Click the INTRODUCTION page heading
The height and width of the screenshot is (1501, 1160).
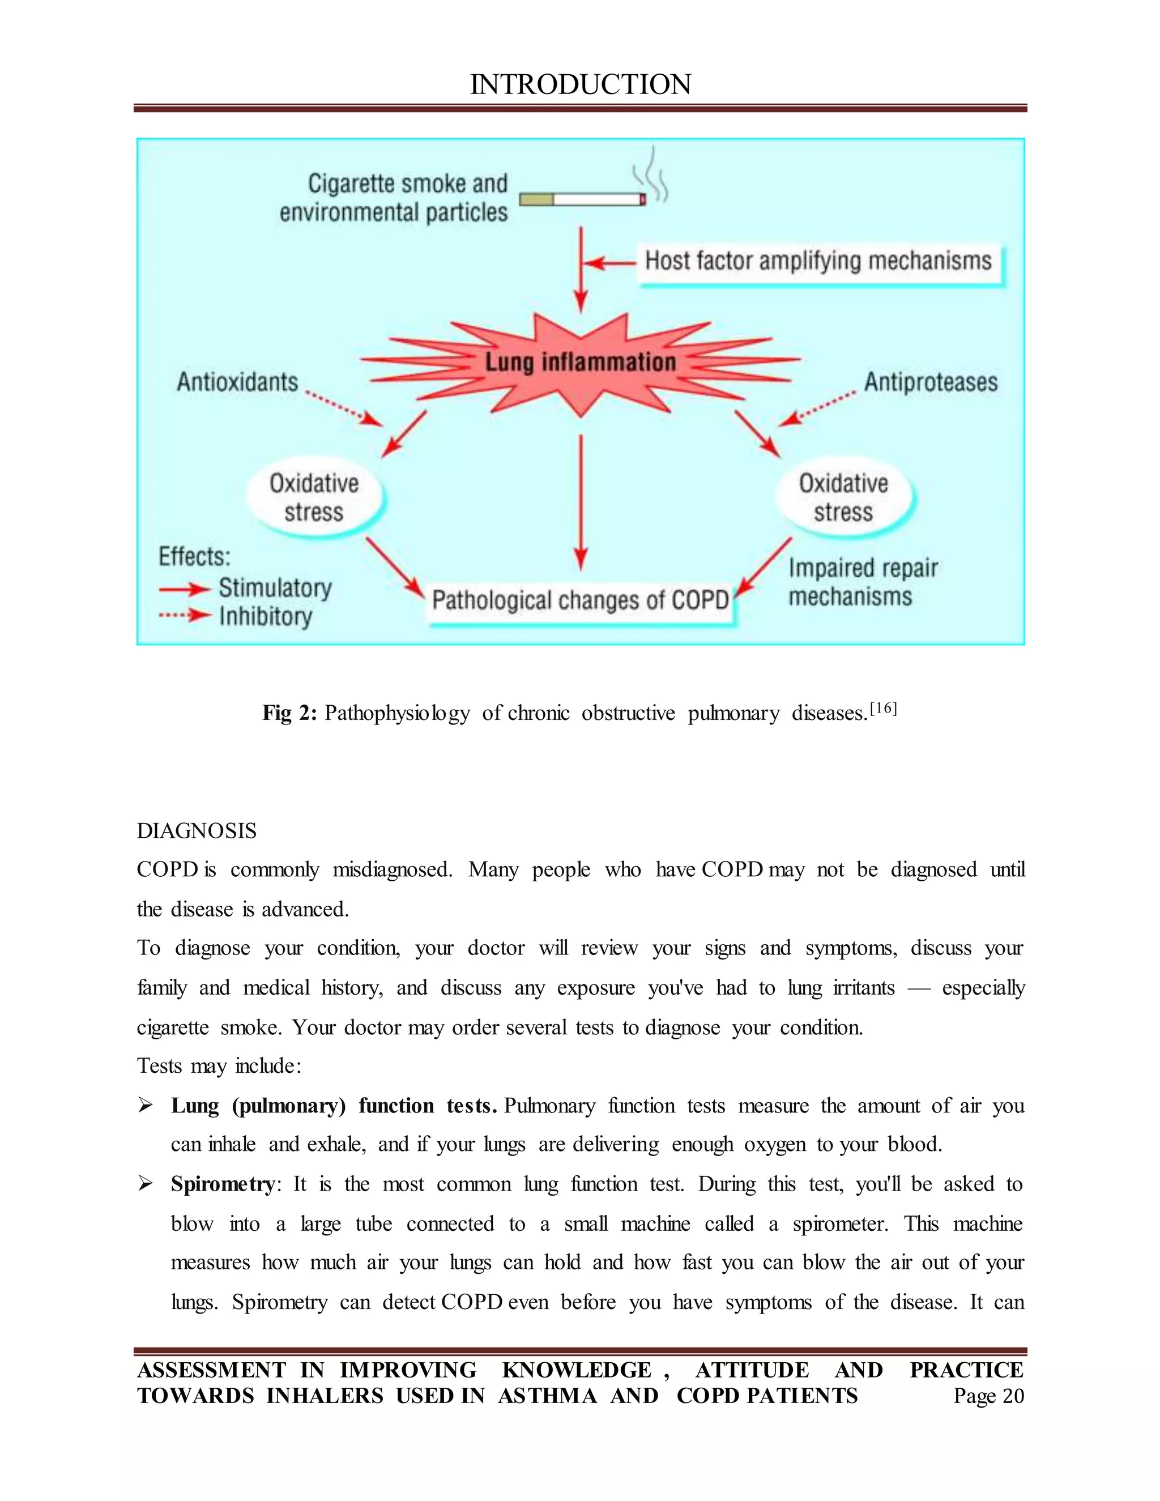point(580,84)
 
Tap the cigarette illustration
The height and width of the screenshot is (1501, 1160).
point(583,199)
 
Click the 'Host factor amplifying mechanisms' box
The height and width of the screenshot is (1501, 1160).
point(818,262)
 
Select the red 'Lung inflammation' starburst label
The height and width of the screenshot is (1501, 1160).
point(581,362)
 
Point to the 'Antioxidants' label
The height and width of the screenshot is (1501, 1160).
point(238,382)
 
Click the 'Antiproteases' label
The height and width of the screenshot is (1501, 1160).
point(931,382)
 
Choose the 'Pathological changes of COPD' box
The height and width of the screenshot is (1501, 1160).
point(580,600)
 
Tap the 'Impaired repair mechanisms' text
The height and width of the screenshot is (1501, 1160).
point(863,582)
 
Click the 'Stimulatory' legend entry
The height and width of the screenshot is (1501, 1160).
point(275,589)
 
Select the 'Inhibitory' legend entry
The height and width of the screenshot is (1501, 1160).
point(265,616)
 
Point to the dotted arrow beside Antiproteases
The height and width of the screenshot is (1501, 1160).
point(818,408)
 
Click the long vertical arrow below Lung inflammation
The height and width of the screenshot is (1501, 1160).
point(581,502)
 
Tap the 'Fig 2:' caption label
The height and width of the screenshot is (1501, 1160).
point(289,713)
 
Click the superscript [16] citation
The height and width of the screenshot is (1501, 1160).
point(883,709)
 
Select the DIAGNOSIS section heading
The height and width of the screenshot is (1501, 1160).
point(197,831)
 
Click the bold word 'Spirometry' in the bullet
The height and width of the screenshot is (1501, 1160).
point(223,1184)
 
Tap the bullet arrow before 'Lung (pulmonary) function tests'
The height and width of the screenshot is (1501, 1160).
point(145,1105)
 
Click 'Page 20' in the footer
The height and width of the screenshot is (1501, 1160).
point(988,1396)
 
